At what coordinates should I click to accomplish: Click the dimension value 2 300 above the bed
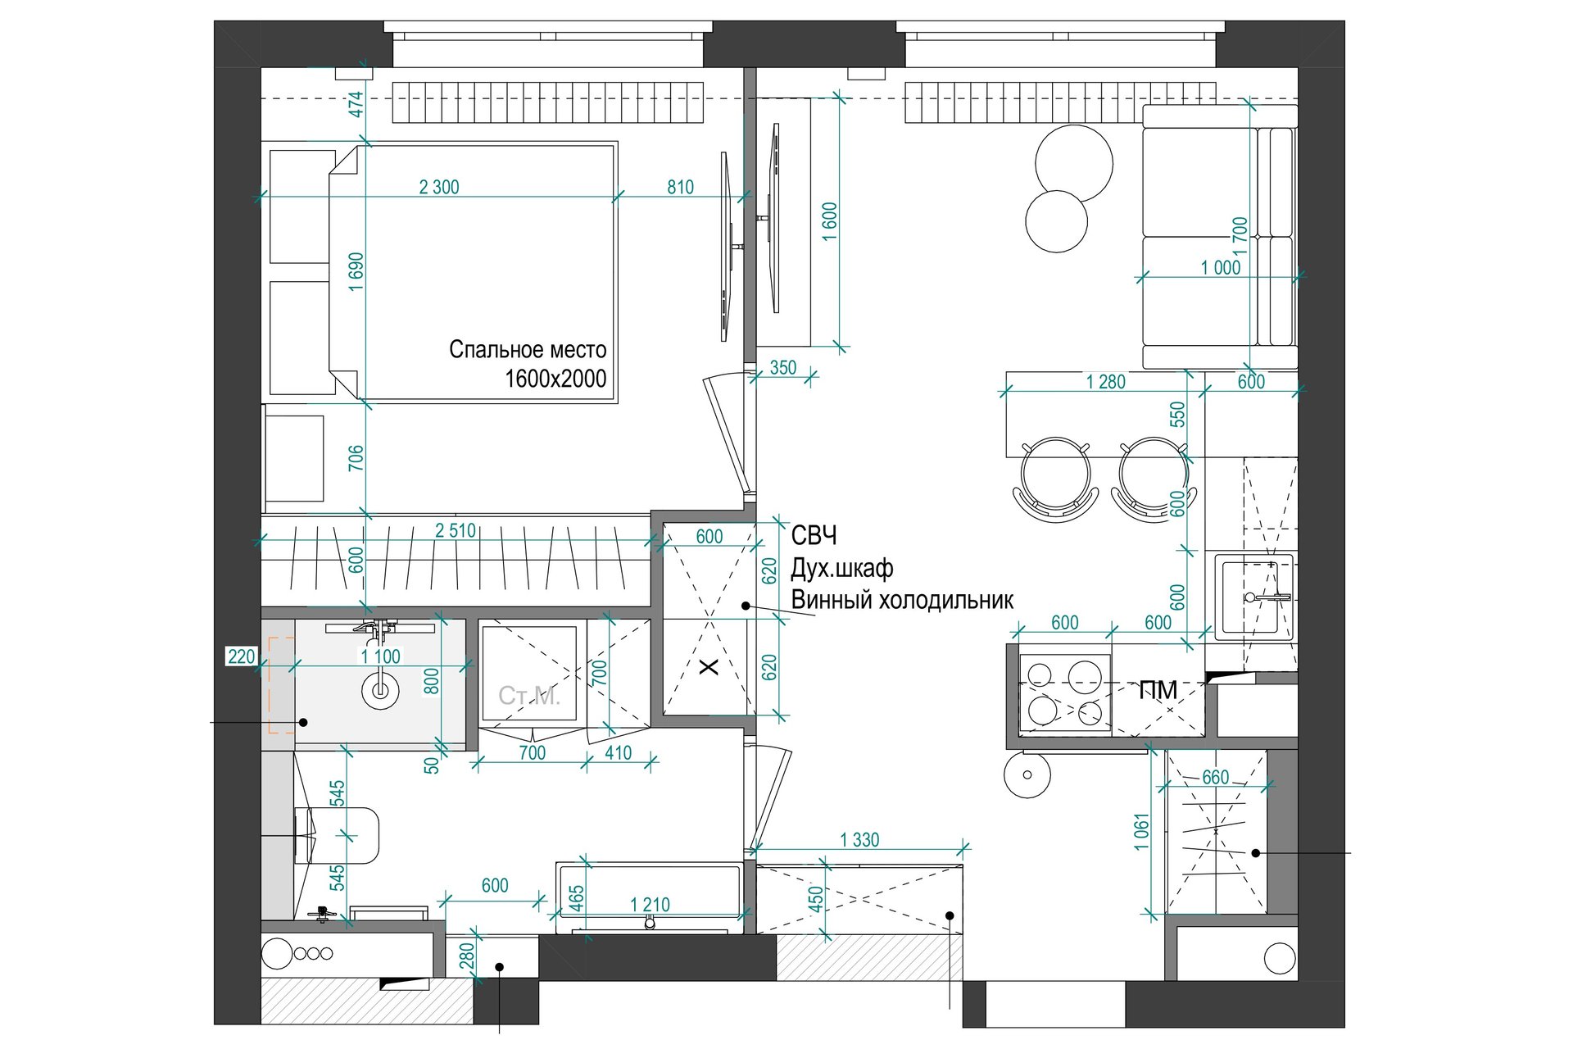(439, 187)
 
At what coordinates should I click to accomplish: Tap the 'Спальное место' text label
(528, 350)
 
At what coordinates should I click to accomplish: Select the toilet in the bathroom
(338, 835)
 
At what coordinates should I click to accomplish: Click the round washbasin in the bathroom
(380, 688)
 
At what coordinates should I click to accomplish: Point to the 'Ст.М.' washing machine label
(529, 697)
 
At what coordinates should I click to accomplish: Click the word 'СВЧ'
(814, 536)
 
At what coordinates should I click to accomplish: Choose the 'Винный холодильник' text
(902, 601)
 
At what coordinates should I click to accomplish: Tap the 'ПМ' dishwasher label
(1158, 690)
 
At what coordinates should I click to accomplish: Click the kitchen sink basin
(1253, 597)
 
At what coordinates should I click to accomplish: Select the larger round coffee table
(1074, 162)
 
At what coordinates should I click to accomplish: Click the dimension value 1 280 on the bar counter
(1105, 382)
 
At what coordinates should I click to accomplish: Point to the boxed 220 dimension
(242, 656)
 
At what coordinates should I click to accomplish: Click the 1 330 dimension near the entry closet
(859, 839)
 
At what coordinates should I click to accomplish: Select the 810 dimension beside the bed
(680, 187)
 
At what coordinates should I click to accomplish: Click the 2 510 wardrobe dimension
(456, 530)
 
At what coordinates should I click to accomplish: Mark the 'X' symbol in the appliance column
(709, 667)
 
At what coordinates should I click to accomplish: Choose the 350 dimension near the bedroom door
(783, 368)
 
